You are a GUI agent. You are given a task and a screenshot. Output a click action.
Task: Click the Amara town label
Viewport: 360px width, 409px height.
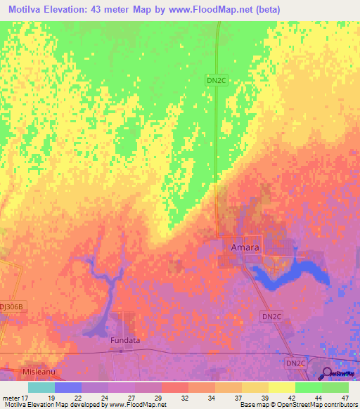pyautogui.click(x=245, y=247)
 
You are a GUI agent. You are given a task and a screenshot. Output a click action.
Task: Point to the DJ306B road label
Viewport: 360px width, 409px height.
pyautogui.click(x=13, y=306)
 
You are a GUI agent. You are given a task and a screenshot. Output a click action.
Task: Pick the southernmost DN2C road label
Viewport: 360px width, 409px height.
pyautogui.click(x=296, y=363)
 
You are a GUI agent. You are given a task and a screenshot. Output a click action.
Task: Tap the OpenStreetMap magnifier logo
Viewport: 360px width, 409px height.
pyautogui.click(x=327, y=373)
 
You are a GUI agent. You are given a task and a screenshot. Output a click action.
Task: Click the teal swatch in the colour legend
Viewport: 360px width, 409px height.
pyautogui.click(x=41, y=387)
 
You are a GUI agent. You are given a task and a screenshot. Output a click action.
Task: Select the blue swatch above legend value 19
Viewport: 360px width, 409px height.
pyautogui.click(x=67, y=387)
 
